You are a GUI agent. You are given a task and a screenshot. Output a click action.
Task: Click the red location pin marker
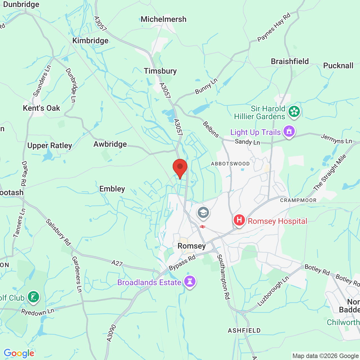(x=180, y=168)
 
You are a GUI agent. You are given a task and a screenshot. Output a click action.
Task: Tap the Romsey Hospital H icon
(x=239, y=220)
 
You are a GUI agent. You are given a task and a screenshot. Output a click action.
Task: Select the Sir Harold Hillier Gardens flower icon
(x=294, y=111)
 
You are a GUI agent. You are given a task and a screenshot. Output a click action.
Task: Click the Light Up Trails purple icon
(x=289, y=131)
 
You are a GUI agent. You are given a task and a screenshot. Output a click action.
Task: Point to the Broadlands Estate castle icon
(x=190, y=281)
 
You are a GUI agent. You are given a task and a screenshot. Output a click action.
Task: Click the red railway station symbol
(x=202, y=227)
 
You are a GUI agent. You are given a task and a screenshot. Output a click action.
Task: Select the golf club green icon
(x=33, y=297)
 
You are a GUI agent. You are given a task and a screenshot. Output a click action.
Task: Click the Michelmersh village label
(x=163, y=19)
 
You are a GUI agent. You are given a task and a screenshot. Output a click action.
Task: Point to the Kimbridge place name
(x=90, y=40)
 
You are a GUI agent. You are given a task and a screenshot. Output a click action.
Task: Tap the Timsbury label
(x=160, y=71)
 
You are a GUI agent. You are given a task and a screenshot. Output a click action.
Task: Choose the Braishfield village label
(x=290, y=61)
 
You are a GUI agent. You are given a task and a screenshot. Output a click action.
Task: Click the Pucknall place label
(x=338, y=66)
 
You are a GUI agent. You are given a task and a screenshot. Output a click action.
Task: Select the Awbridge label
(x=110, y=144)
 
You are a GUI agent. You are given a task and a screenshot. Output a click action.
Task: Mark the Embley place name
(x=112, y=189)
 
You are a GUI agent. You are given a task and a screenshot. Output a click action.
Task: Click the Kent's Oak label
(x=41, y=108)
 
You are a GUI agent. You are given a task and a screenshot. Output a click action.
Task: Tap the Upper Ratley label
(x=49, y=146)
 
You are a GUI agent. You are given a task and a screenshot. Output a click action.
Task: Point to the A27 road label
(x=117, y=263)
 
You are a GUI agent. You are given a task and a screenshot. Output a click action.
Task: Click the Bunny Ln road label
(x=206, y=86)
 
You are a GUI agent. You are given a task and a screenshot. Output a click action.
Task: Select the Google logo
(x=19, y=353)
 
